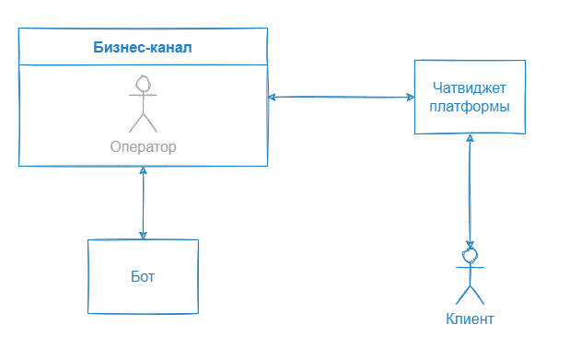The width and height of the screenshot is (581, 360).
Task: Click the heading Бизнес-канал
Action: point(143,46)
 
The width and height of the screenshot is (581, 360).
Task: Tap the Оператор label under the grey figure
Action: point(143,146)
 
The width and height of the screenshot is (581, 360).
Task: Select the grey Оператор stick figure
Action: point(143,104)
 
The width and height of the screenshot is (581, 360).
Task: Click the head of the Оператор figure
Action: point(143,84)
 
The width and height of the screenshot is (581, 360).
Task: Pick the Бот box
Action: point(143,275)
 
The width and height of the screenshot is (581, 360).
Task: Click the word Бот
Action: point(143,276)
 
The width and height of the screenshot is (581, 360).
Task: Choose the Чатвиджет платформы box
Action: point(471,97)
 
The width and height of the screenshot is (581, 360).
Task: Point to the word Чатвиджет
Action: point(471,88)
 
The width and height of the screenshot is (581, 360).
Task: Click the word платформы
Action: point(471,106)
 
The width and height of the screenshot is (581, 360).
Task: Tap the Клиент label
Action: point(471,319)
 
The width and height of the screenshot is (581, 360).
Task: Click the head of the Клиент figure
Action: point(471,252)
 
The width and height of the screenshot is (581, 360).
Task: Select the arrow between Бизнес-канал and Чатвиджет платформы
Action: point(341,97)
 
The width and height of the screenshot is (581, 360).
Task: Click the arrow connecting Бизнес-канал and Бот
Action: point(143,203)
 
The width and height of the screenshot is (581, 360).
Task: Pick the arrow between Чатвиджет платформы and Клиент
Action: point(471,189)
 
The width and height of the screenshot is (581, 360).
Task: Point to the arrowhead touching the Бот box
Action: point(143,235)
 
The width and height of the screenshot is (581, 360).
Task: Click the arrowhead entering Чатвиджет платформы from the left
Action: point(409,97)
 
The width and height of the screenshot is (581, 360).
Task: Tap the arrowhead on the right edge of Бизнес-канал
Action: point(273,96)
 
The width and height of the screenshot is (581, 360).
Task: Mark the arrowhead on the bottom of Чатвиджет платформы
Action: point(471,139)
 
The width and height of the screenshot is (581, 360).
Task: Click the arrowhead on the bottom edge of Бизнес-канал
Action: point(143,171)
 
